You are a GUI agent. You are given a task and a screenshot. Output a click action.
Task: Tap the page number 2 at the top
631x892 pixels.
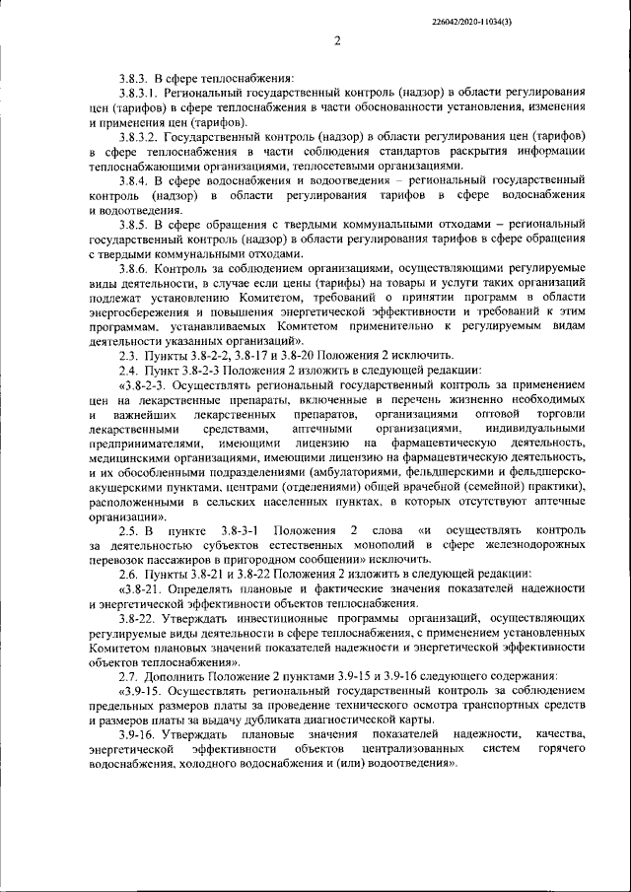(x=336, y=40)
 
